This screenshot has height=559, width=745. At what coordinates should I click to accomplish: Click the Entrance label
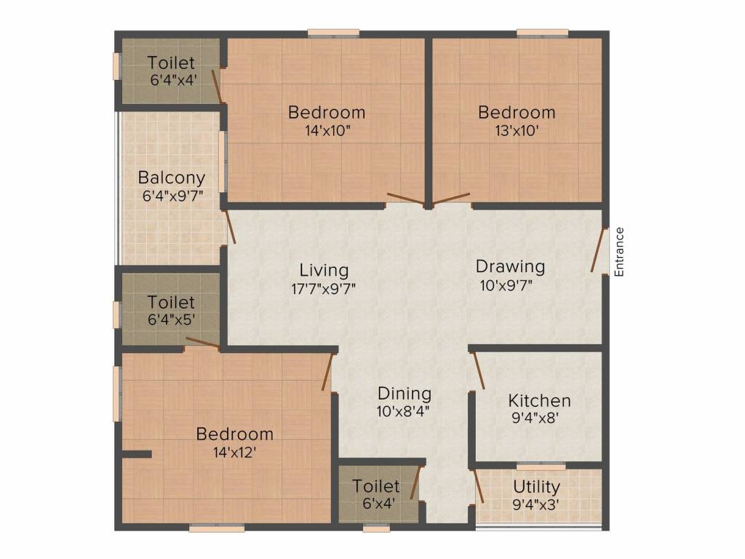pos(619,252)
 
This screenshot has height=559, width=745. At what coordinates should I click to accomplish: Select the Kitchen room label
pos(539,400)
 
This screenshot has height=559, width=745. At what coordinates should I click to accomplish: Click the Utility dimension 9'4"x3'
pos(536,503)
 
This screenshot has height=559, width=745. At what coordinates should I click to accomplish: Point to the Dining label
pos(405,394)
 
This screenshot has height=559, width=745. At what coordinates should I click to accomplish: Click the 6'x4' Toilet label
pos(376,485)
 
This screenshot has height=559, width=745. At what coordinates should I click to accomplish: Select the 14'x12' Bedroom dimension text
pos(235,451)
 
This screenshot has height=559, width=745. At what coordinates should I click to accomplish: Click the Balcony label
pos(172,177)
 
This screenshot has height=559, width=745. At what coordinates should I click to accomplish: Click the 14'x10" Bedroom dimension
pos(327,131)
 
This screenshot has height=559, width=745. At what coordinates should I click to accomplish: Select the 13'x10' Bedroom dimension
pos(517,131)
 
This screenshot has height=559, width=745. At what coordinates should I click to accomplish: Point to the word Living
pos(323,270)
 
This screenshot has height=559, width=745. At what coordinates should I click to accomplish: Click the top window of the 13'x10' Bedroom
pos(542,32)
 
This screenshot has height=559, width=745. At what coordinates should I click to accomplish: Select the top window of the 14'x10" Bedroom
pos(333,32)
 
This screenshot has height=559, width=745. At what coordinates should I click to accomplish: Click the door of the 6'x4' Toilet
pos(415,484)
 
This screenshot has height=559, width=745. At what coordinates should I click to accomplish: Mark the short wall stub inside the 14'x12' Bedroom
pos(136,454)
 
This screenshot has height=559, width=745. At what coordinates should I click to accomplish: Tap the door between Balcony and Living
pos(230,226)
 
